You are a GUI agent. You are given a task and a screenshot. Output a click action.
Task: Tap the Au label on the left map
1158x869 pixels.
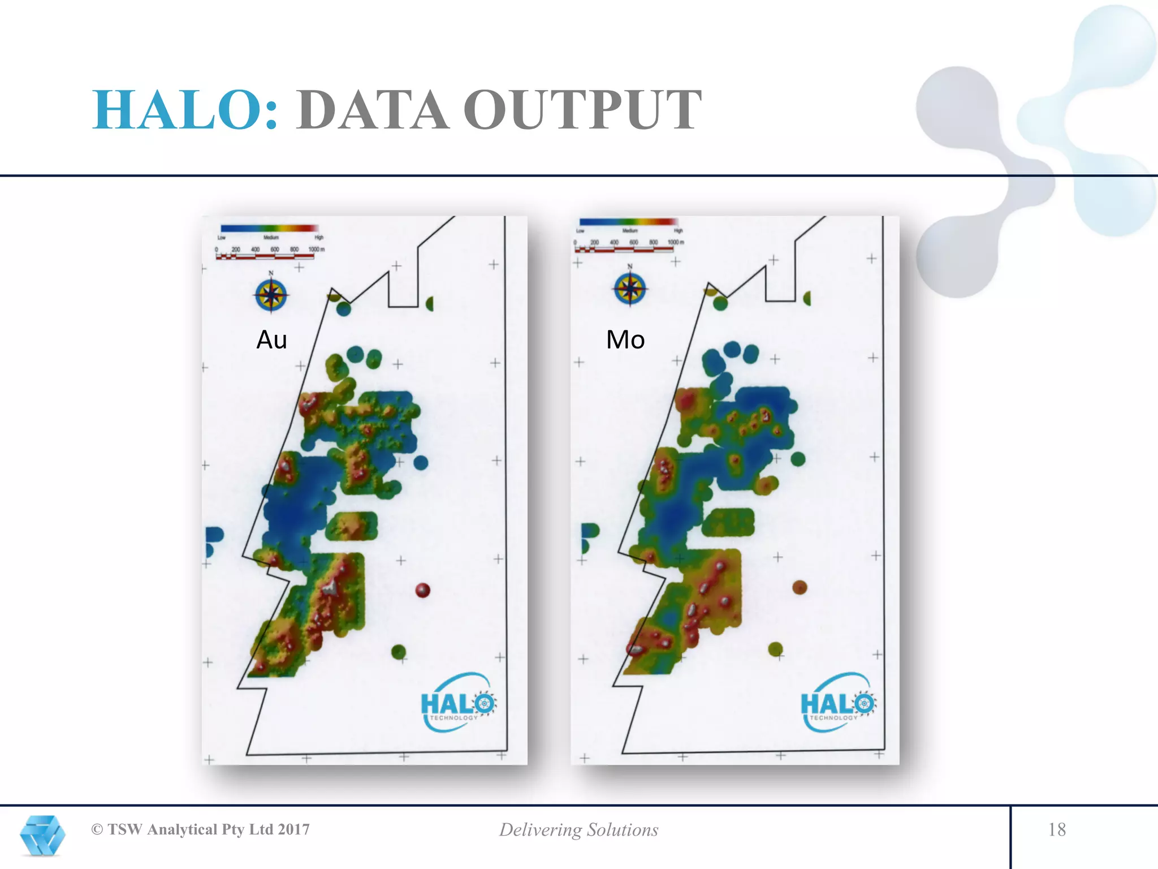point(271,339)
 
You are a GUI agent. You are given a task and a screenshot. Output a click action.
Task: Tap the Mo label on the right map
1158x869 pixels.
point(625,339)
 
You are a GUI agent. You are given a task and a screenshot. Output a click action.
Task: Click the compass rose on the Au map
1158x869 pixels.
point(271,295)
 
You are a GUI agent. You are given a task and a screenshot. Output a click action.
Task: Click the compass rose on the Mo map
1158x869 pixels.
point(630,288)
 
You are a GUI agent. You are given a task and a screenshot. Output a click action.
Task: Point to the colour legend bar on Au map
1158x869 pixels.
point(269,229)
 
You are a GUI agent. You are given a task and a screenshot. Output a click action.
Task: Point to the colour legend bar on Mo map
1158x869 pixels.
point(628,222)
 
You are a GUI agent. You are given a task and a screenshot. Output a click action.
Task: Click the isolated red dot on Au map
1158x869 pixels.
point(422,590)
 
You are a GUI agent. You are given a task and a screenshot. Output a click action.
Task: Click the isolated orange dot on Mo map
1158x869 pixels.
point(799,587)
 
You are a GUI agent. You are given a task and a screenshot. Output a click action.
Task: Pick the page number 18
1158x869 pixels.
point(1057,829)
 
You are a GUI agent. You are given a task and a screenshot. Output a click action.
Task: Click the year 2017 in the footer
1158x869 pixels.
point(293,829)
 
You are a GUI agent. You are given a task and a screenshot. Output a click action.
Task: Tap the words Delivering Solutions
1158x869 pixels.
point(578,829)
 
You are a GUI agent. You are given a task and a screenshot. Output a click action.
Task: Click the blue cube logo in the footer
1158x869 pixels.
point(42,835)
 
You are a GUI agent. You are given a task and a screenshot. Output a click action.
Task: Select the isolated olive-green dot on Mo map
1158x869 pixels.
point(775,649)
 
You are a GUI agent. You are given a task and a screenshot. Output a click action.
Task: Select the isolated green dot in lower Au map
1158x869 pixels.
point(399,652)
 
